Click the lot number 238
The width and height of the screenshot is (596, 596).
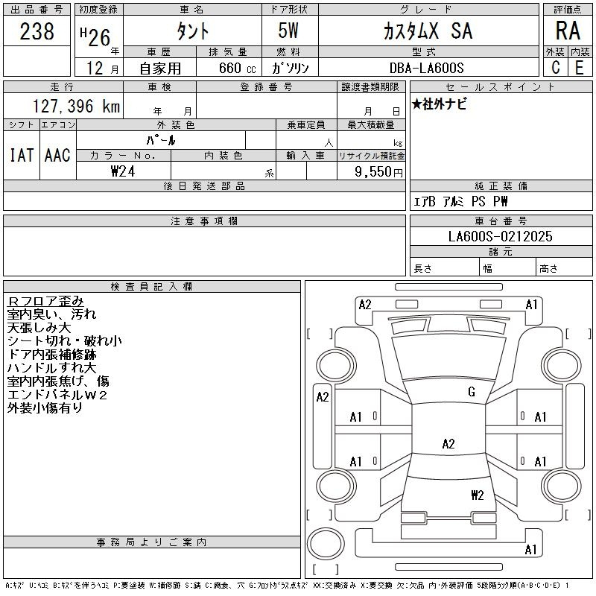point(37,31)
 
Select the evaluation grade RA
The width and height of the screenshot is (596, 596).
point(568,31)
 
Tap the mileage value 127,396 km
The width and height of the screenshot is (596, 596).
point(76,106)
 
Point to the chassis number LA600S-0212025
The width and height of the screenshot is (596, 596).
point(500,236)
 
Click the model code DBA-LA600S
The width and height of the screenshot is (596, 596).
point(426,68)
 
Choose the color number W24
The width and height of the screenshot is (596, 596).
point(123,171)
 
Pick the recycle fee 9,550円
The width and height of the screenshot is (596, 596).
point(378,172)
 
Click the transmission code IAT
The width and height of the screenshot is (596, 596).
point(22,155)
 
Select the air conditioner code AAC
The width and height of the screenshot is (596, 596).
point(57,155)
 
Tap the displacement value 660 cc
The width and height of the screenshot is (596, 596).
point(238,68)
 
